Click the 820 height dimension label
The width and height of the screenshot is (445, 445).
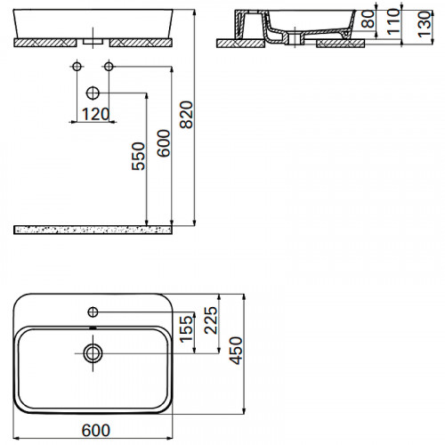point(187,115)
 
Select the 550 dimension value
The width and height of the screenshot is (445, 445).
point(139,157)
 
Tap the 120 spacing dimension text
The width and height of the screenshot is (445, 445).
point(95,114)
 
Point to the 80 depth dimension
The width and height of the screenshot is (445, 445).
point(368,20)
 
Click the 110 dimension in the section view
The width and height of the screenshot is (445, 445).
point(393,21)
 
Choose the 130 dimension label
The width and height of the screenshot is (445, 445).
point(425,24)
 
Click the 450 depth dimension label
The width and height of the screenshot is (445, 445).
point(236,351)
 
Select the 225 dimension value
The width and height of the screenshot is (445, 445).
point(211,320)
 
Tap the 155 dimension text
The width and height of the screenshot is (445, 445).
point(186,328)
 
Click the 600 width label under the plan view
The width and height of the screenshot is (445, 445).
point(96,431)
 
